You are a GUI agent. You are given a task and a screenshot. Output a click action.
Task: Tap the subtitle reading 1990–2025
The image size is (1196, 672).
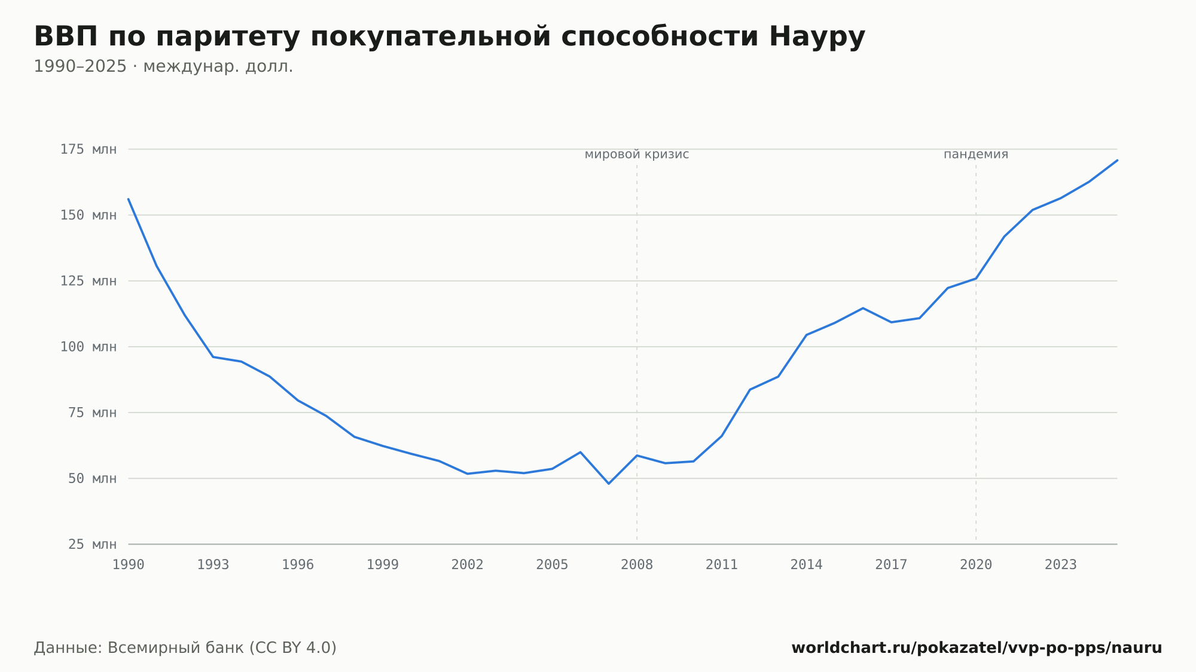80,66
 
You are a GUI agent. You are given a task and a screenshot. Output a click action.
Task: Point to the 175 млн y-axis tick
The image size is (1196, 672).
89,149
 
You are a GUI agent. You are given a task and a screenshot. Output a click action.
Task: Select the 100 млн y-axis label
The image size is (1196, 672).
89,347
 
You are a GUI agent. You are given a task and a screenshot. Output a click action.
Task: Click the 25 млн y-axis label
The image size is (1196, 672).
93,544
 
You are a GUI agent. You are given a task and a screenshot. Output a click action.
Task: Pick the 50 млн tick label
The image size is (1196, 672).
93,478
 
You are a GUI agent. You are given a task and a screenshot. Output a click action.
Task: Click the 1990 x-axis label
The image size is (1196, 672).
129,565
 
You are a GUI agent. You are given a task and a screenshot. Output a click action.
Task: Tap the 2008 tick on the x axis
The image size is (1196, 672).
637,565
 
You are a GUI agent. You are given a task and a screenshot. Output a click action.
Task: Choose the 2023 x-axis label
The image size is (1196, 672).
1061,565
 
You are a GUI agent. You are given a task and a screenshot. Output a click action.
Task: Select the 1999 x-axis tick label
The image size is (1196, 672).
383,565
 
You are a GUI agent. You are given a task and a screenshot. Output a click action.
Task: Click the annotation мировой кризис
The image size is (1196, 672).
637,154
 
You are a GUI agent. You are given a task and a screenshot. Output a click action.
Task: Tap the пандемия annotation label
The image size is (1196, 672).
976,154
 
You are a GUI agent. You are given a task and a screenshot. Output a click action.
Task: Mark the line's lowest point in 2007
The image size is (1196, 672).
609,484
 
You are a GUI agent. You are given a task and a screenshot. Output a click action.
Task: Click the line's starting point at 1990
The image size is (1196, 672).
129,199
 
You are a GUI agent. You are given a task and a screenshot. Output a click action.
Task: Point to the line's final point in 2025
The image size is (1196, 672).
1117,160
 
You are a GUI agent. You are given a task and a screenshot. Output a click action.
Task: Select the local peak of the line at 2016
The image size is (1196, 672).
863,308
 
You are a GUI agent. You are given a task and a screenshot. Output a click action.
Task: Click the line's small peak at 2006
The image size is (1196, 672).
581,452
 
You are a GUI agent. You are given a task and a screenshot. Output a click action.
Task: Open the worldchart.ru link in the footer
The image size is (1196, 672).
977,648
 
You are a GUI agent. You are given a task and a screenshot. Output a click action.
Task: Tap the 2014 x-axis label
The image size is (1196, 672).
807,565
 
